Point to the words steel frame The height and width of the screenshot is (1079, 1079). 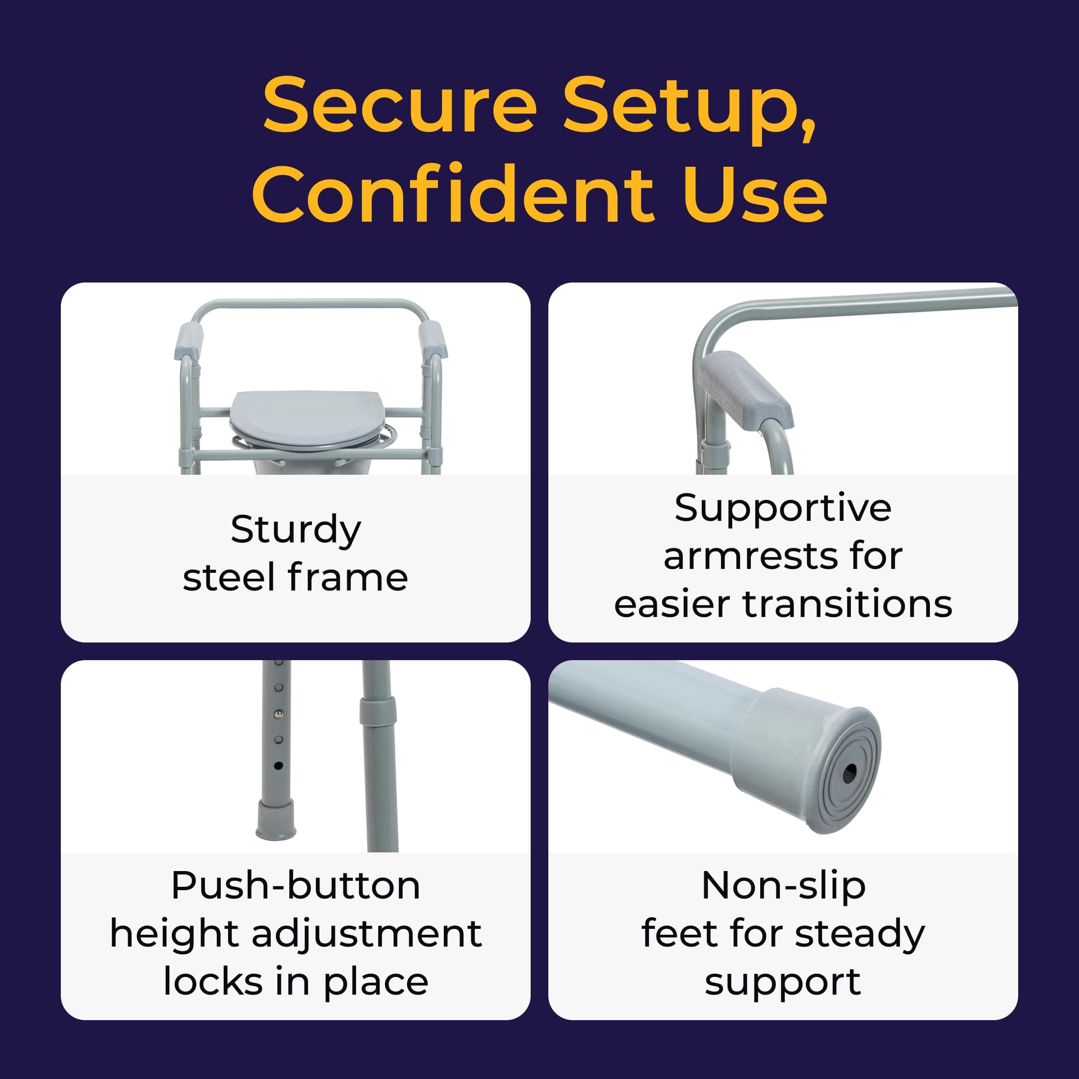pyautogui.click(x=295, y=577)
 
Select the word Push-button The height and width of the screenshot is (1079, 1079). pyautogui.click(x=295, y=886)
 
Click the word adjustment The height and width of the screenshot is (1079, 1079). pyautogui.click(x=366, y=934)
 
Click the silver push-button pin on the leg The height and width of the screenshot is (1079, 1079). pyautogui.click(x=279, y=714)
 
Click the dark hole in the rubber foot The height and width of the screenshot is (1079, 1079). pyautogui.click(x=849, y=773)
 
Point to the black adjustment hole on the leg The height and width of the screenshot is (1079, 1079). pyautogui.click(x=278, y=766)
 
